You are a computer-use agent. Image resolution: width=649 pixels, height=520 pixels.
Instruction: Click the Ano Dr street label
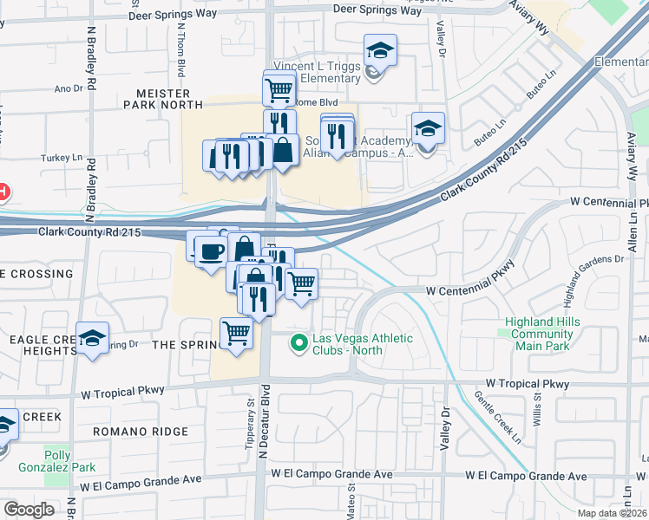[68, 88]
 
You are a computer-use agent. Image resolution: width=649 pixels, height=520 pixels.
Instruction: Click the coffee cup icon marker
[213, 251]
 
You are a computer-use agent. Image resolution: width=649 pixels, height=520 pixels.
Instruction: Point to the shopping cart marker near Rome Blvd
[279, 88]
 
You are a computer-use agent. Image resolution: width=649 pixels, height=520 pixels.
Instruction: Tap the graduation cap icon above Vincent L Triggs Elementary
[379, 49]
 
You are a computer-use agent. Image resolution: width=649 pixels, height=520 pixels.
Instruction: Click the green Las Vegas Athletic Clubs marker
[299, 344]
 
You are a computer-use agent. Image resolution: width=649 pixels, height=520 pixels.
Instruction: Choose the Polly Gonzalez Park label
[71, 460]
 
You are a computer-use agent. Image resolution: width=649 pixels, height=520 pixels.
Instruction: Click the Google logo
[28, 510]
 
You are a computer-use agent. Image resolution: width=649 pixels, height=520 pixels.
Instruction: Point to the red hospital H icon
[3, 191]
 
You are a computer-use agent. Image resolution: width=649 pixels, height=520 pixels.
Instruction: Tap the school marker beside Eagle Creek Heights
[92, 339]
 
